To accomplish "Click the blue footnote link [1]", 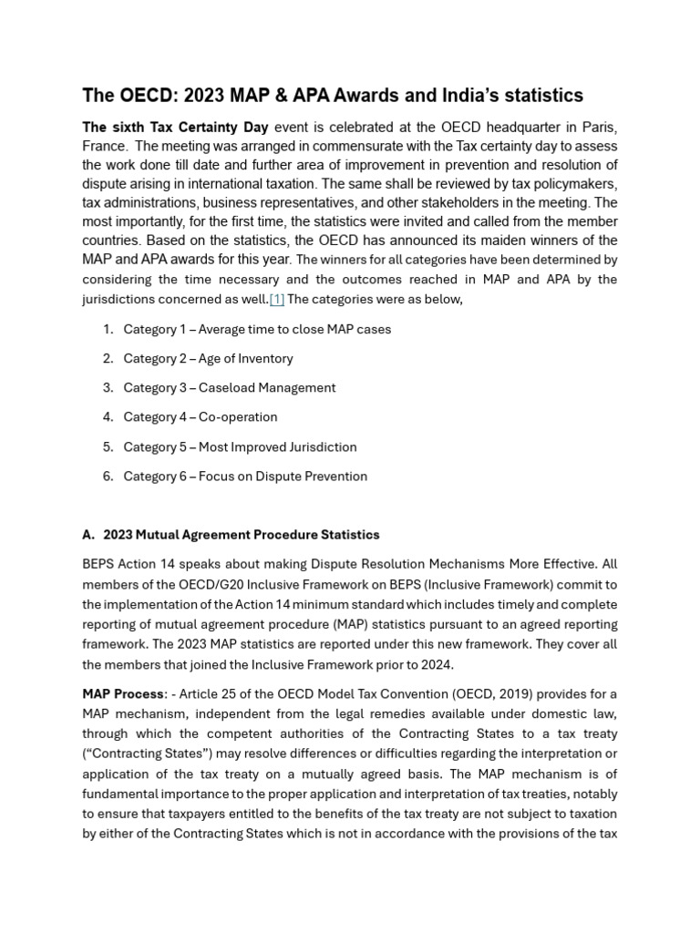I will [276, 299].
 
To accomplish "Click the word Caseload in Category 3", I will [228, 387].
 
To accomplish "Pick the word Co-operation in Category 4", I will [238, 416].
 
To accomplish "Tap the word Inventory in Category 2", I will [260, 358].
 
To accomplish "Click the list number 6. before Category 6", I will [108, 476].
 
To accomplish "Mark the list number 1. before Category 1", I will [108, 329].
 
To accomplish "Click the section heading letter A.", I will [88, 534].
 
